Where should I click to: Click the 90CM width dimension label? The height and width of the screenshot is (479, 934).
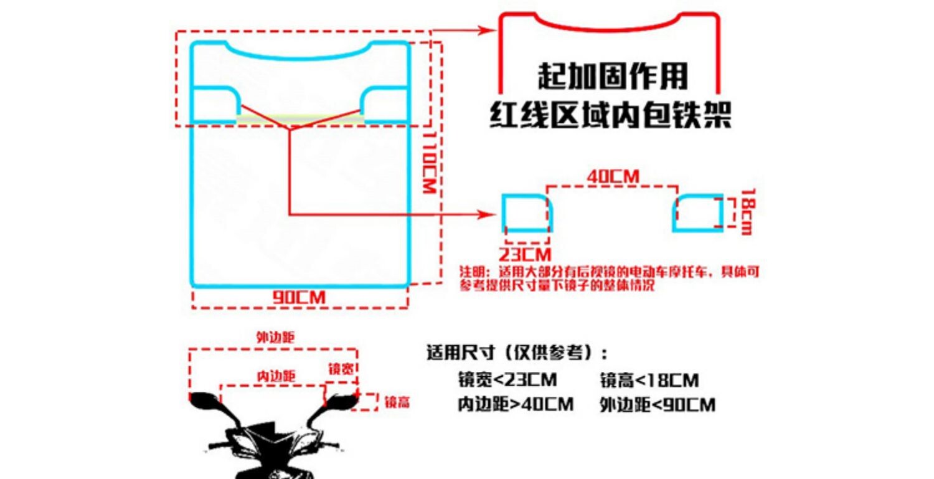coord(300,298)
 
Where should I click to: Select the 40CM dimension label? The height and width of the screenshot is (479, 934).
coord(613,176)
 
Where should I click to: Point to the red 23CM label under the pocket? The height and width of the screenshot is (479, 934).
coord(526,254)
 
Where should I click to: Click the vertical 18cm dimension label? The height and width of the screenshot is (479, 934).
coord(745,212)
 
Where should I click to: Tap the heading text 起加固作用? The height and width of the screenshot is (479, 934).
coord(613,77)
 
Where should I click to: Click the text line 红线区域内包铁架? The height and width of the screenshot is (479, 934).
coord(610,115)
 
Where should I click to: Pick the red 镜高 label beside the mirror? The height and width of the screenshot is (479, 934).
coord(397,402)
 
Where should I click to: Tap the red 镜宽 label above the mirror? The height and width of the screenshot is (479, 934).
coord(341,369)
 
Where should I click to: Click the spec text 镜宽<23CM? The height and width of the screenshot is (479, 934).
coord(507,380)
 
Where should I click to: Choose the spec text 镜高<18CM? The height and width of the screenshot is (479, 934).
coord(649,380)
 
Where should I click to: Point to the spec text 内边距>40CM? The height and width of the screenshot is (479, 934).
coord(516,405)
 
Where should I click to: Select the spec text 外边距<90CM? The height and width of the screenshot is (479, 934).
coord(658,405)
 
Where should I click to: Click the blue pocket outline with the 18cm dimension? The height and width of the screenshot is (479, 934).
coord(697,212)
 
